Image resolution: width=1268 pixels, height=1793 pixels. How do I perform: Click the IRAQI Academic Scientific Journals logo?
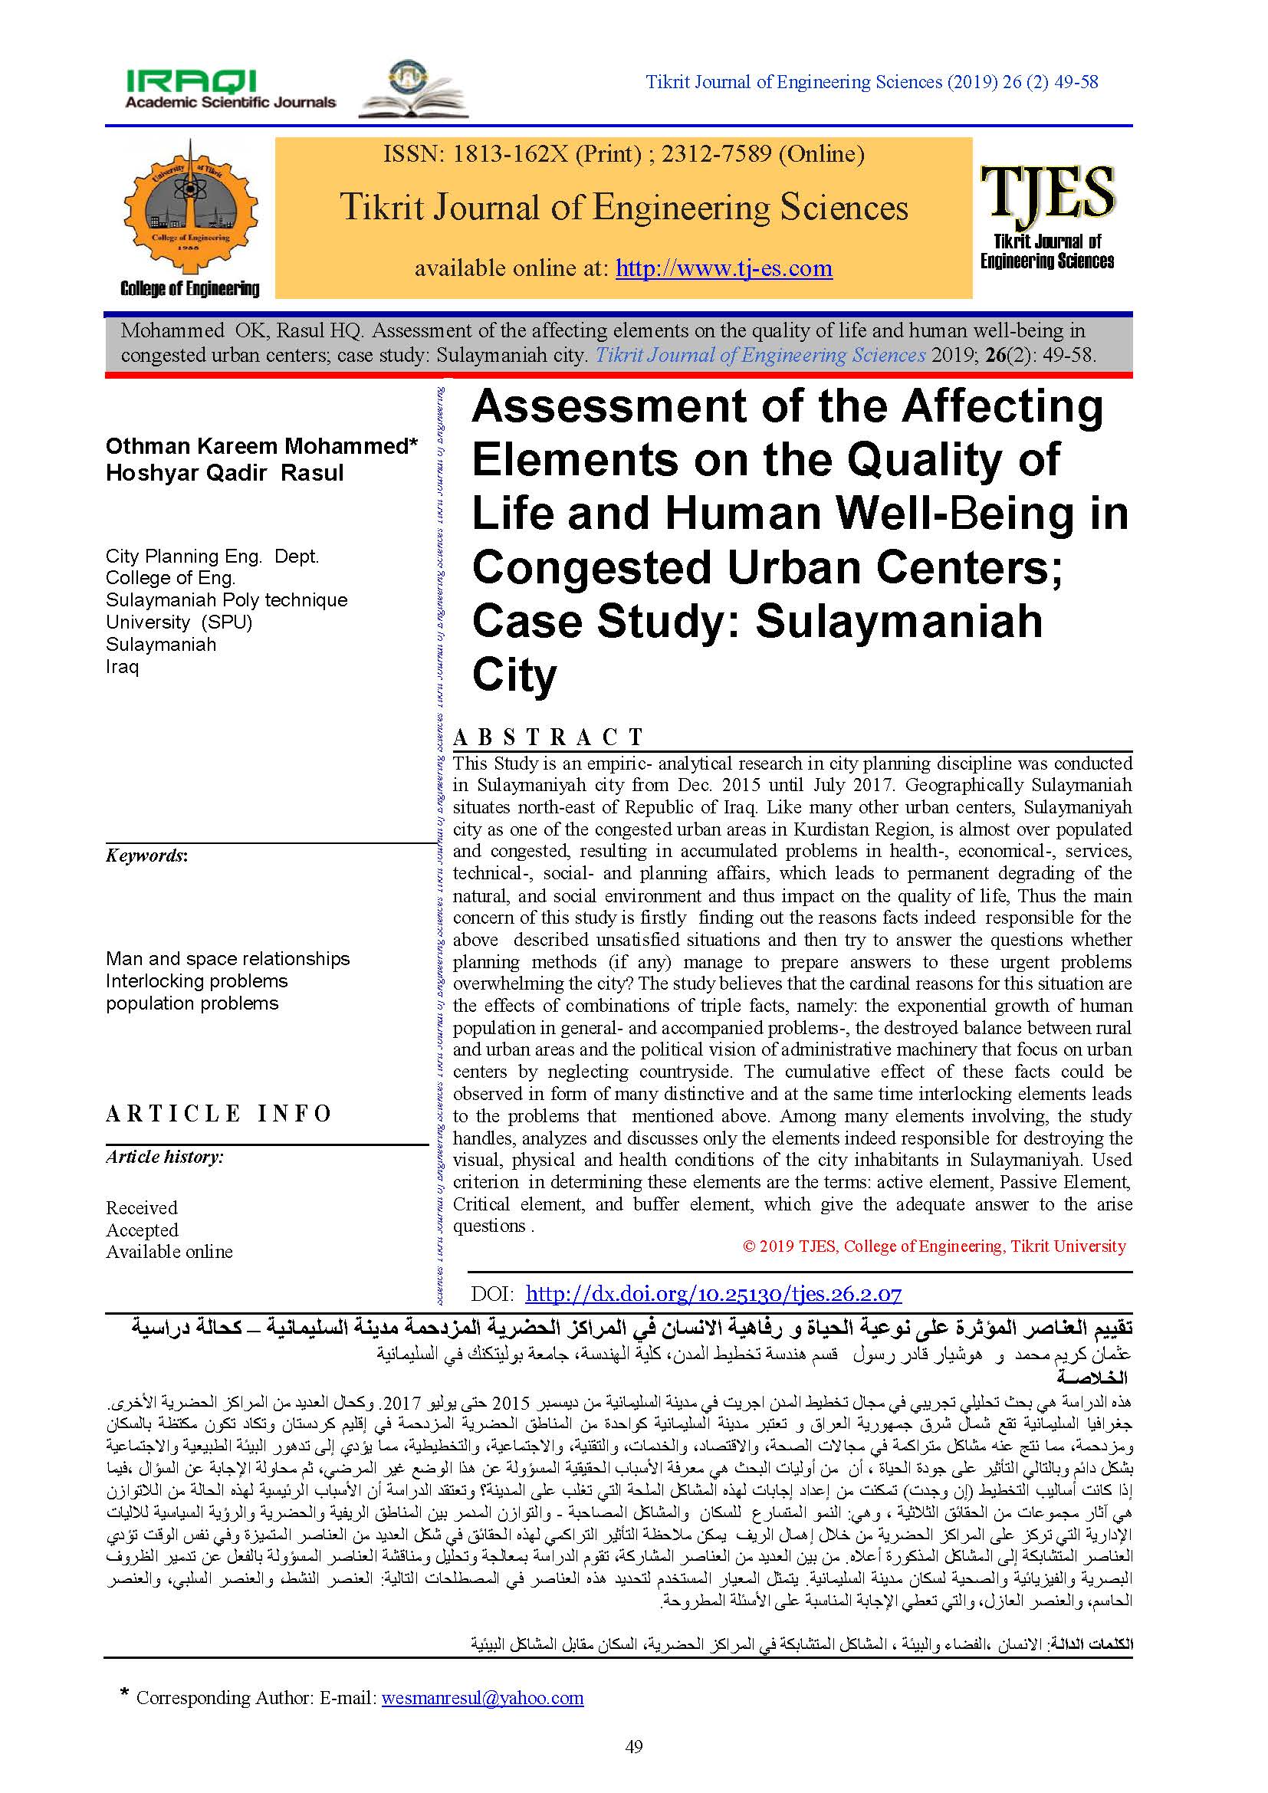coord(230,89)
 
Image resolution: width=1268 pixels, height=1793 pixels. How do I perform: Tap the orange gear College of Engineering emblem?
coord(191,205)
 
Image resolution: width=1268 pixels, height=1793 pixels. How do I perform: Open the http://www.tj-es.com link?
coord(724,268)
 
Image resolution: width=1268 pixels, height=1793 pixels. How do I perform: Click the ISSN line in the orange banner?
coord(623,154)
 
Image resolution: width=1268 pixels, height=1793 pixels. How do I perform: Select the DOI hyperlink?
coord(713,1294)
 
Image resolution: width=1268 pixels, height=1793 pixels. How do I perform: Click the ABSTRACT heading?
coord(548,737)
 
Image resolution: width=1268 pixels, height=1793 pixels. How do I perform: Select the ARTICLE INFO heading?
coord(219,1113)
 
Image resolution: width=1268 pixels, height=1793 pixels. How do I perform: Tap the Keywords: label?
coord(146,856)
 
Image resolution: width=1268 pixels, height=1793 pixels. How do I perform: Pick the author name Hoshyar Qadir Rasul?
coord(225,473)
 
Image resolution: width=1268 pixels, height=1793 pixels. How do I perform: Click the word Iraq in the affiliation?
coord(123,667)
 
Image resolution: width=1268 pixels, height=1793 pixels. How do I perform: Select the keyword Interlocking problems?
coord(197,981)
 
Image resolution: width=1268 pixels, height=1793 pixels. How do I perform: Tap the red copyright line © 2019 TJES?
coord(934,1246)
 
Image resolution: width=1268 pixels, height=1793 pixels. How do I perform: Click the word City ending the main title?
coord(514,675)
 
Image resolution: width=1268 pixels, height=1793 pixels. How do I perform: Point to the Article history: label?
coord(165,1157)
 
